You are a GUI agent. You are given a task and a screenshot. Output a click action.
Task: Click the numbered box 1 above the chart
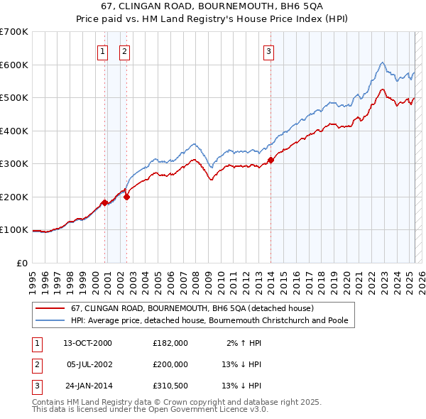coord(102,50)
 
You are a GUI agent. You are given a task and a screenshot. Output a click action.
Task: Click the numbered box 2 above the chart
coord(124,50)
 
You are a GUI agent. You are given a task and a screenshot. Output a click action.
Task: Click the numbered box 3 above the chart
coord(269,50)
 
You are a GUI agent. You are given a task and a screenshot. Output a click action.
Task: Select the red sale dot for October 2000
coord(104,202)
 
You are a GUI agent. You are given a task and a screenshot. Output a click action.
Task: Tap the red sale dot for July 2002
coord(126,197)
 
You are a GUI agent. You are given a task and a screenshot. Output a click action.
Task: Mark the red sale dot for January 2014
coord(271,160)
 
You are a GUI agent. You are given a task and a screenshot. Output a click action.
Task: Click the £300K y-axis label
coord(14,164)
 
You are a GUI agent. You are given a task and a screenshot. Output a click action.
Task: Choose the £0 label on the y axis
coord(22,263)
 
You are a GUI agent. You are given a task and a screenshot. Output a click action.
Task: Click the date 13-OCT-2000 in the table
coord(88,342)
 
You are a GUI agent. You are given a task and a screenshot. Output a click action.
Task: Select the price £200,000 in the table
coord(170,364)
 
